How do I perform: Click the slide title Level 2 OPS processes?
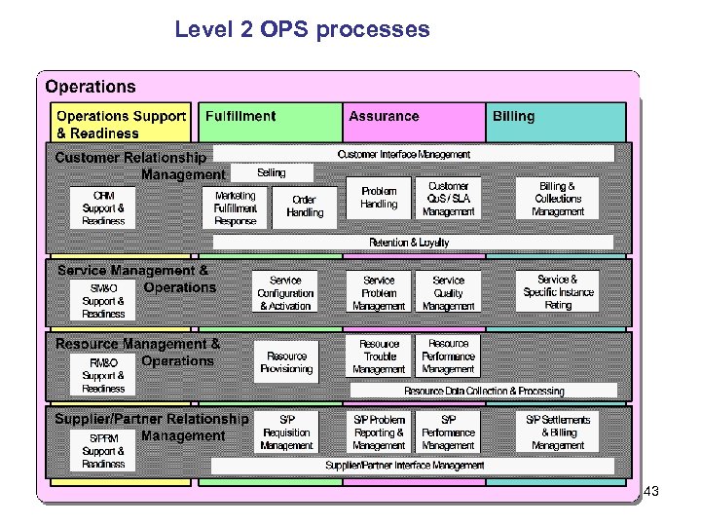(302, 29)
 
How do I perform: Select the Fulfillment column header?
(240, 116)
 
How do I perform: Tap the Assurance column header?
(384, 116)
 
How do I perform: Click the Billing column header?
(513, 116)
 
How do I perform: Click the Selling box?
(272, 172)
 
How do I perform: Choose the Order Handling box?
(305, 207)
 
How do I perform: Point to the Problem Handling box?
(379, 198)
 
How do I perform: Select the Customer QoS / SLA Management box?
(448, 199)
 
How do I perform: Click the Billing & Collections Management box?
(558, 199)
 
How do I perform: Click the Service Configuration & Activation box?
(285, 292)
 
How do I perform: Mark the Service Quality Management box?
(448, 292)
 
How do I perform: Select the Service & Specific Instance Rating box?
(558, 292)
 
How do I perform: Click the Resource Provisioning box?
(286, 362)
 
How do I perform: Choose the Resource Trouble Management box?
(379, 357)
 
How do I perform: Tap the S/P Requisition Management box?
(286, 432)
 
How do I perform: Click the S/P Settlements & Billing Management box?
(558, 432)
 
